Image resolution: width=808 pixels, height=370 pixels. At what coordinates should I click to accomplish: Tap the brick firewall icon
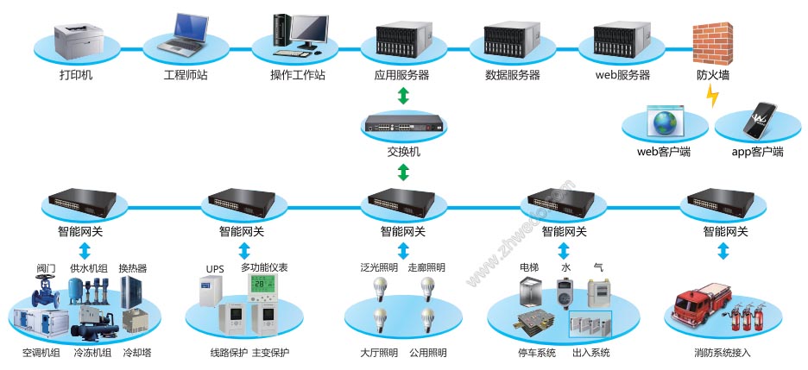[713, 41]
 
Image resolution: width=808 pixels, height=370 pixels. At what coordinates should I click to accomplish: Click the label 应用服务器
[402, 75]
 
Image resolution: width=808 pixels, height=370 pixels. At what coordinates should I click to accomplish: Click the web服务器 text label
[622, 75]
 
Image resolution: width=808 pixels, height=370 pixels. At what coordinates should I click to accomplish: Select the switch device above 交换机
[403, 124]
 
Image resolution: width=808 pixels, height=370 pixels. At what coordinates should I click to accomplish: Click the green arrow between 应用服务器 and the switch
[403, 96]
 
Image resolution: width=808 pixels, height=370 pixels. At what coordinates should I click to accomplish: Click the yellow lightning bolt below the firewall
[712, 96]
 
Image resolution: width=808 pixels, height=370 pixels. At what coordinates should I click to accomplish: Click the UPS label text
[214, 268]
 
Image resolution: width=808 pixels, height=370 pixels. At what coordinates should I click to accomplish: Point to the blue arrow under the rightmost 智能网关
[724, 251]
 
